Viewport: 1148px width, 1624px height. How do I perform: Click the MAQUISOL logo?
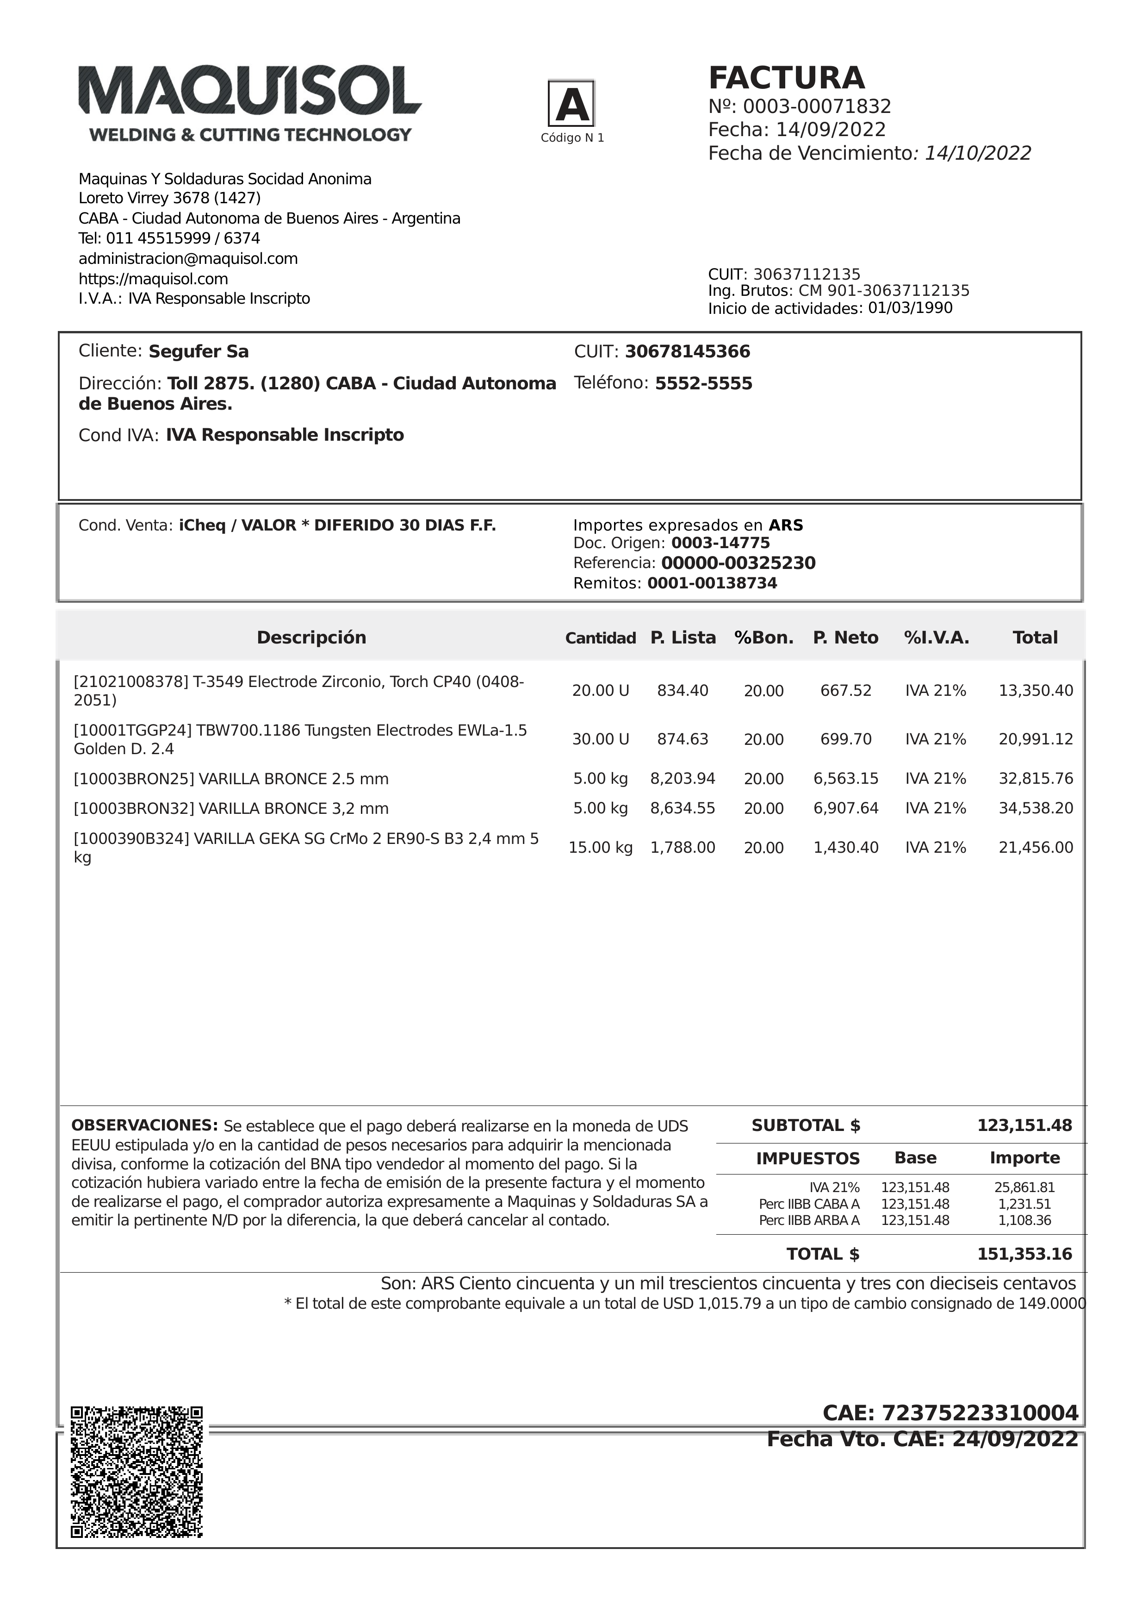[x=250, y=103]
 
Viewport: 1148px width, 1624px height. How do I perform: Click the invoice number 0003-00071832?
[x=817, y=107]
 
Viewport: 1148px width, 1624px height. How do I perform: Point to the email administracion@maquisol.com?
[x=188, y=259]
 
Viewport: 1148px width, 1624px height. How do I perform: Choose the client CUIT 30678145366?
[x=687, y=351]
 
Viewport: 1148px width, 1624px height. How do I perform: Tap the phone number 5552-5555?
[x=703, y=383]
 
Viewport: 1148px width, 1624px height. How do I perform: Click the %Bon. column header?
[x=763, y=638]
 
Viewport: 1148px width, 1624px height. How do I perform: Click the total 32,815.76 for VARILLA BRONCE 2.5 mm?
[x=1036, y=779]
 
